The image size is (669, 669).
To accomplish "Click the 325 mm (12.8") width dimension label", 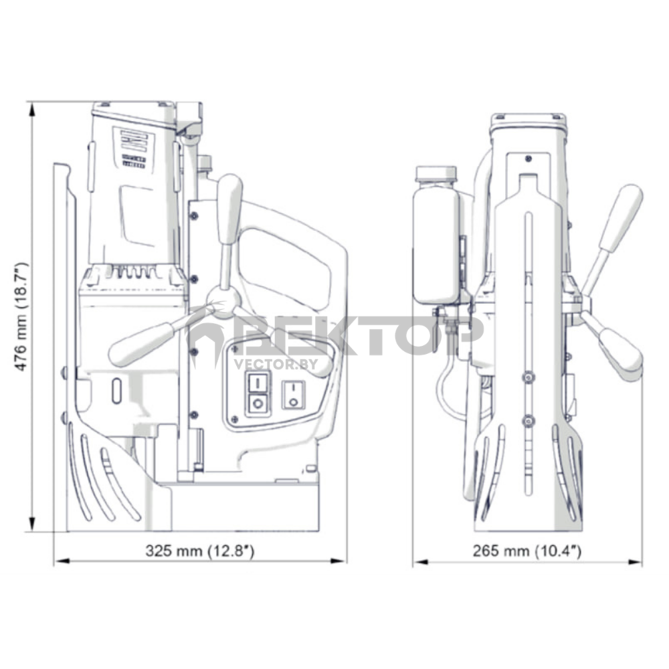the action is click(x=199, y=551).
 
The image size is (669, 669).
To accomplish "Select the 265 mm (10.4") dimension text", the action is click(x=527, y=551).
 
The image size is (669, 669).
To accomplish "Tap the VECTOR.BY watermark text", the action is click(x=276, y=364).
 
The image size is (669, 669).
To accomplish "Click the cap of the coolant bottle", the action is click(x=436, y=174).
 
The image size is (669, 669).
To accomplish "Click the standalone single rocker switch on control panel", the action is click(x=293, y=395).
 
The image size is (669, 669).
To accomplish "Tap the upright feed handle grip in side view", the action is click(x=229, y=209).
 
